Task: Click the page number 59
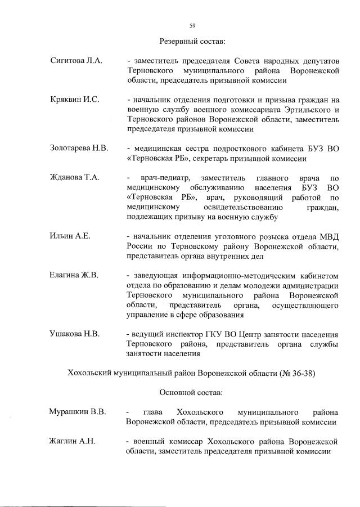tap(192, 25)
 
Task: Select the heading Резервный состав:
tap(192, 41)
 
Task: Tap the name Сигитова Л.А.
tap(76, 60)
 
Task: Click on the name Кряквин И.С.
tap(74, 99)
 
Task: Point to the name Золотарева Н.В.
tap(79, 148)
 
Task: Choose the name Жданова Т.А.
tap(75, 177)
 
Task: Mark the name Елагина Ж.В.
tap(74, 275)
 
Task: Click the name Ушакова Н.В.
tap(75, 334)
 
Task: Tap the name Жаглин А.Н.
tap(73, 441)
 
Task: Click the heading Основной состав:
tap(192, 392)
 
